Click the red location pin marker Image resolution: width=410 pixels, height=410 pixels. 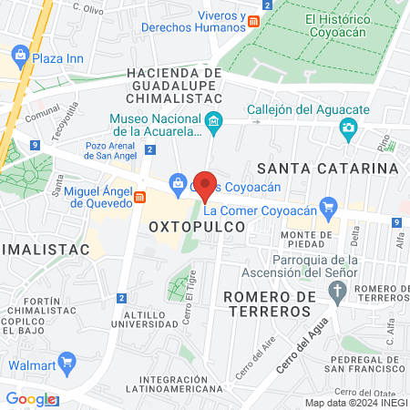(x=206, y=185)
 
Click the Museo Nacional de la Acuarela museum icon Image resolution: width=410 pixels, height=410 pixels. (x=213, y=120)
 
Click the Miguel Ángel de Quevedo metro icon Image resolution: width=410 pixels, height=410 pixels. (x=139, y=196)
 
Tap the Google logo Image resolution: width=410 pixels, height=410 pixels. (x=30, y=399)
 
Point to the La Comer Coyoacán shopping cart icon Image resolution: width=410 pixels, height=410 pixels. (x=326, y=209)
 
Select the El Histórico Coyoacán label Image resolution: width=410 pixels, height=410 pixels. (x=348, y=25)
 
